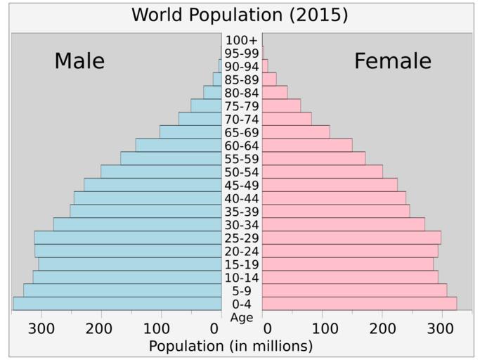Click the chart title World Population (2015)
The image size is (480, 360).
tap(240, 15)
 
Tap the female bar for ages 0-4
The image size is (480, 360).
tap(359, 304)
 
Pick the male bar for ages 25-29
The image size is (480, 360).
tap(127, 238)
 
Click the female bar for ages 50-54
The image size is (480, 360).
tap(323, 172)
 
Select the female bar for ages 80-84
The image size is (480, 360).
tap(275, 92)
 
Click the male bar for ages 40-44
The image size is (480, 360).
tap(148, 198)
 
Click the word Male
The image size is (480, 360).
tap(79, 62)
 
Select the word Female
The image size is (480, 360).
tap(392, 62)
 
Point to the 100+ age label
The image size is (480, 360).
tap(242, 40)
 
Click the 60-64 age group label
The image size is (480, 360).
tap(242, 146)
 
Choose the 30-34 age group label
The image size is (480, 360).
tap(242, 225)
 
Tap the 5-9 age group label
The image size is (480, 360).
tap(242, 290)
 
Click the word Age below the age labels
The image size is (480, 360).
tap(241, 317)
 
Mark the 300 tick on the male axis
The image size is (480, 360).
tap(41, 328)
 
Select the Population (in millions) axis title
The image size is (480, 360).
tap(231, 346)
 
